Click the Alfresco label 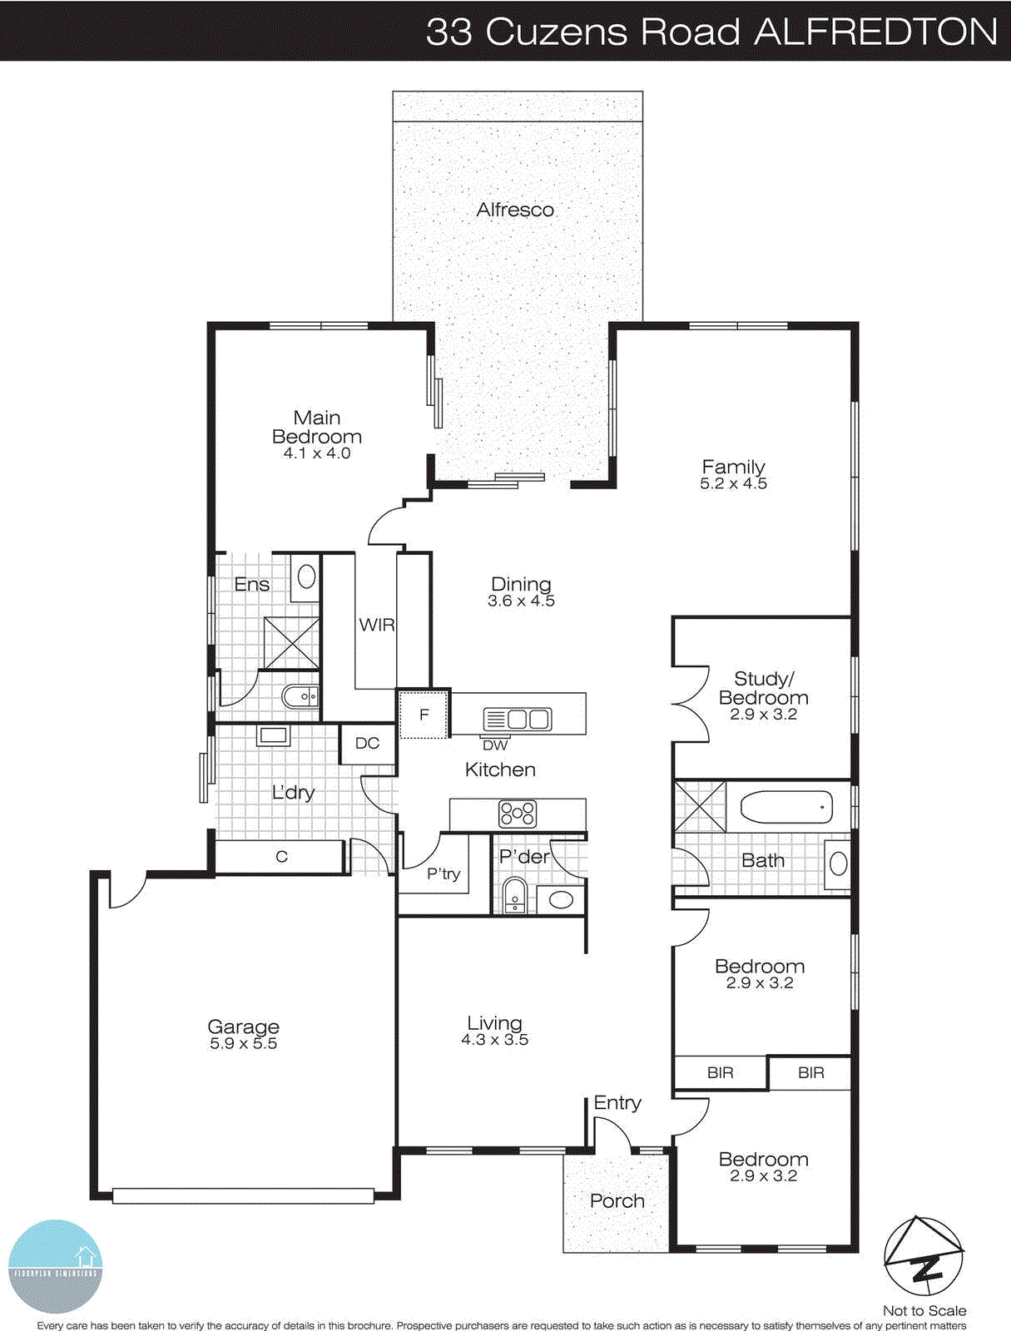click(515, 210)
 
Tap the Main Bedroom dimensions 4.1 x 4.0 click(317, 454)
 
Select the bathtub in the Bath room click(786, 807)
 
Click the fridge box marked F click(424, 715)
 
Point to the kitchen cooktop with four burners click(517, 814)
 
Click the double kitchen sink click(518, 719)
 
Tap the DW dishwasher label click(495, 745)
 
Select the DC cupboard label click(367, 744)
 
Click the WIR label click(376, 625)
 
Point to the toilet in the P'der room click(515, 895)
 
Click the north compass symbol click(924, 1256)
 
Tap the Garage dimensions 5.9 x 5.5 click(243, 1044)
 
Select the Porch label click(617, 1201)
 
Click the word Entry click(617, 1103)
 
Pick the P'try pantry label click(443, 873)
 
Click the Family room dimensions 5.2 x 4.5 click(733, 484)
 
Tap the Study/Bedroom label click(763, 689)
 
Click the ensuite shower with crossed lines click(290, 642)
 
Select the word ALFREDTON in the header click(875, 32)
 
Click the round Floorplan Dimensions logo click(55, 1266)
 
